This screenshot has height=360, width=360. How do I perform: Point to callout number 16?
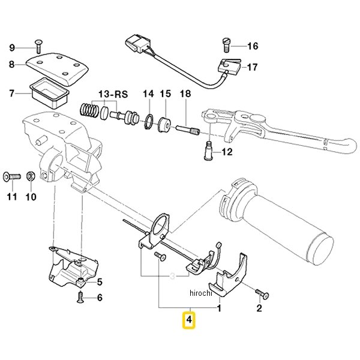pos(252,46)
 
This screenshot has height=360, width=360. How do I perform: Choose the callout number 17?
pos(252,67)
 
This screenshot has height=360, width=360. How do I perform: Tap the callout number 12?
pos(227,152)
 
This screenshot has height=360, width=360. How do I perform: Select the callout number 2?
pos(259,310)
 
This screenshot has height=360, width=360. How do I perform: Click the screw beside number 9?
pos(38,43)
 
